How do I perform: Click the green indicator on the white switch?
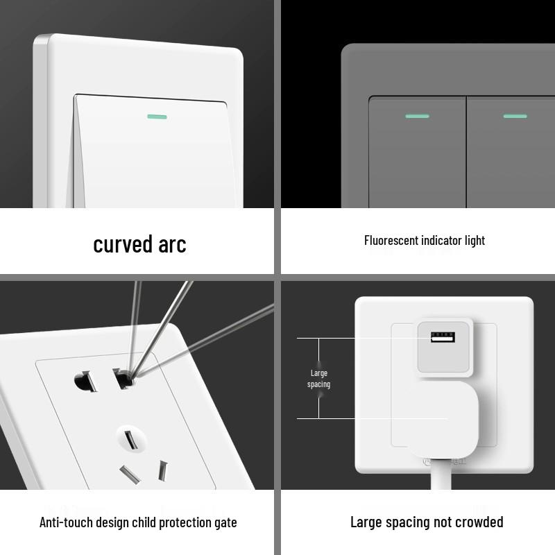pos(157,117)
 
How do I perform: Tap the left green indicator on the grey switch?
pos(416,116)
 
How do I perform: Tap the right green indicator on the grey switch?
pos(515,116)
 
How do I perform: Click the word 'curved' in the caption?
pos(123,244)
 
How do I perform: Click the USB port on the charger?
pos(443,338)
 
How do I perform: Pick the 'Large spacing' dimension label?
pos(318,379)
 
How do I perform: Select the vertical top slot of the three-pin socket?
pos(129,439)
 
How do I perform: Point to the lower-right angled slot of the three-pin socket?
pos(163,470)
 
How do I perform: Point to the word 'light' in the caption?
pos(475,241)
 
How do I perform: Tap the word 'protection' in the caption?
pos(182,522)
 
